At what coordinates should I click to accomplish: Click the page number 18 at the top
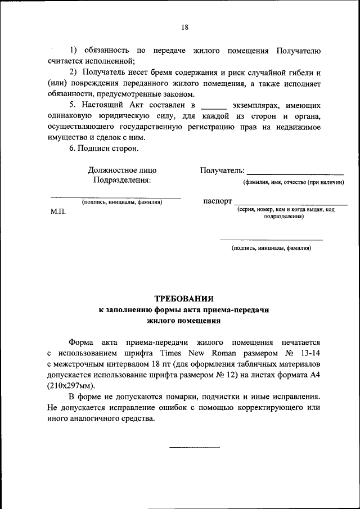pos(184,27)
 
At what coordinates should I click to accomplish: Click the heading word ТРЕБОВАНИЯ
pos(184,299)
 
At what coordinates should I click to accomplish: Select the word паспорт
pos(217,201)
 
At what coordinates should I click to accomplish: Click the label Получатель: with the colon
pos(222,170)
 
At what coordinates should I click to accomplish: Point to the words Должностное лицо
pos(122,170)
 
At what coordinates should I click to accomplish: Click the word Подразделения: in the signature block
pos(122,180)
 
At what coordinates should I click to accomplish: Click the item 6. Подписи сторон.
pos(103,148)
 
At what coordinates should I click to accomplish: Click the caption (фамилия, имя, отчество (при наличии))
pos(293,182)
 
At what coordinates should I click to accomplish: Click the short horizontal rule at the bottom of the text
pos(195,447)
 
